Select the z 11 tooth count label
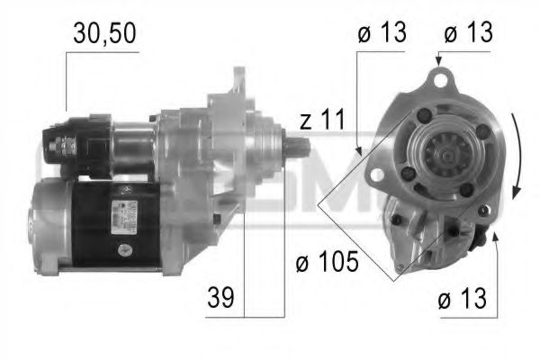[321, 119]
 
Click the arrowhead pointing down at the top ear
[438, 61]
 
